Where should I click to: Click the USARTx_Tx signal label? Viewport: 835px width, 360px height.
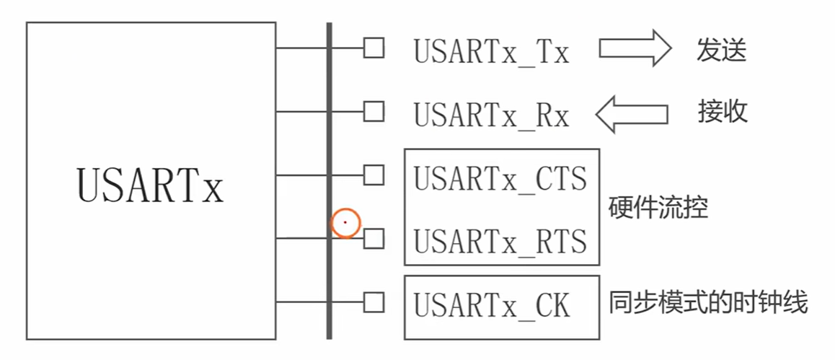pos(491,53)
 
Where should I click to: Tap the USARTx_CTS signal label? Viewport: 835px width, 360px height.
pos(500,178)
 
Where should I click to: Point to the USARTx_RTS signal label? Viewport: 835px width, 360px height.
pos(500,241)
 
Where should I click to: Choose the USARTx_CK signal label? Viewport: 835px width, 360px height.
pos(491,305)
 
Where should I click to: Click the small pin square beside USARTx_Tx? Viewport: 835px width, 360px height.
pos(373,48)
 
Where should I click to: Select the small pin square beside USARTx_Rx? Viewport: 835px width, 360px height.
pos(373,111)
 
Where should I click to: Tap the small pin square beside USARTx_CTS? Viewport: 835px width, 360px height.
pos(373,175)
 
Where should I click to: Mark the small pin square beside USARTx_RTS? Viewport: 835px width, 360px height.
pos(373,238)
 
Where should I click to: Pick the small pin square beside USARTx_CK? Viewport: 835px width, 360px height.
pos(373,302)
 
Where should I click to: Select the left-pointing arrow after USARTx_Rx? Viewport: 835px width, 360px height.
pos(632,114)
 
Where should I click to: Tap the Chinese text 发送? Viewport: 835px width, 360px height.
pos(721,51)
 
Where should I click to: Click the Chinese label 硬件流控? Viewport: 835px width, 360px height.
pos(658,208)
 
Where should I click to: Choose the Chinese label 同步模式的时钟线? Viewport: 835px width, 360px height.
pos(709,302)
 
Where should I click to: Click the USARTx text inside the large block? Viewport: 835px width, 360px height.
pos(150,185)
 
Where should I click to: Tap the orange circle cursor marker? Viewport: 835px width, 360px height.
pos(345,223)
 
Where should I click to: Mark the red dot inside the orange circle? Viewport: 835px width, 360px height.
pos(345,223)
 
